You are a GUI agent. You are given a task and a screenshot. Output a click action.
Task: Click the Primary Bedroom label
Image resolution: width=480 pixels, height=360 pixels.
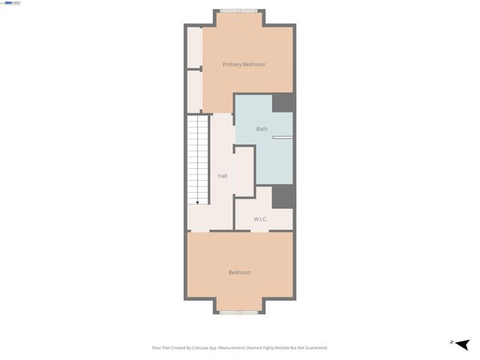pyautogui.click(x=244, y=64)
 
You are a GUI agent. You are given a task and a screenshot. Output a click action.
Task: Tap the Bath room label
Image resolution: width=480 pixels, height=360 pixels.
pyautogui.click(x=262, y=129)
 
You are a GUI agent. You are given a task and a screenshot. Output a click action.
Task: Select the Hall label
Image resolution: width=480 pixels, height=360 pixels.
pyautogui.click(x=223, y=176)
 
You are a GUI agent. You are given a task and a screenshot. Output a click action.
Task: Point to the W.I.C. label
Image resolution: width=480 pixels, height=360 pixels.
pyautogui.click(x=260, y=219)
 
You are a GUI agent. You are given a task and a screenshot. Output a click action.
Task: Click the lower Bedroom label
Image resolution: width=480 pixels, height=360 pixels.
pyautogui.click(x=240, y=272)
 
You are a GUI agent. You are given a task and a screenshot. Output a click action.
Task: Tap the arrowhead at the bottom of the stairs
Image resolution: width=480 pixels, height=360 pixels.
pyautogui.click(x=198, y=202)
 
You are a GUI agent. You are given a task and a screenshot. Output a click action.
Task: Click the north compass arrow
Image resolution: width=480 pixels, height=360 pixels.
pyautogui.click(x=462, y=343)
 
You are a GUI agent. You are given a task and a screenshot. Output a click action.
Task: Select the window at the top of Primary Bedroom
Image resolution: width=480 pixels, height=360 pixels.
pyautogui.click(x=238, y=10)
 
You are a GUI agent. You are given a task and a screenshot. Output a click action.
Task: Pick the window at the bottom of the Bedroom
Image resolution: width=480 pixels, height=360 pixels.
pyautogui.click(x=239, y=311)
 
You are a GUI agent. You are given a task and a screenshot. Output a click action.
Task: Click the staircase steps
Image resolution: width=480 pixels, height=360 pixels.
pyautogui.click(x=198, y=157)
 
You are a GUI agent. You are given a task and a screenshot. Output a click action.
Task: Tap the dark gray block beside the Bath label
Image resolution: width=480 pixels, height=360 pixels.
pyautogui.click(x=282, y=103)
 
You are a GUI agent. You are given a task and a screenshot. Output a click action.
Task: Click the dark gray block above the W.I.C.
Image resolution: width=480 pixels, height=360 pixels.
pyautogui.click(x=282, y=196)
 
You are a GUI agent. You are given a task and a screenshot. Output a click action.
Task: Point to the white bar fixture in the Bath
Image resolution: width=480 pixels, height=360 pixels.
pyautogui.click(x=282, y=137)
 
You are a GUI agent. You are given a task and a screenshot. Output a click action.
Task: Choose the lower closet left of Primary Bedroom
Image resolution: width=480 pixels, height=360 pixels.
pyautogui.click(x=194, y=91)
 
